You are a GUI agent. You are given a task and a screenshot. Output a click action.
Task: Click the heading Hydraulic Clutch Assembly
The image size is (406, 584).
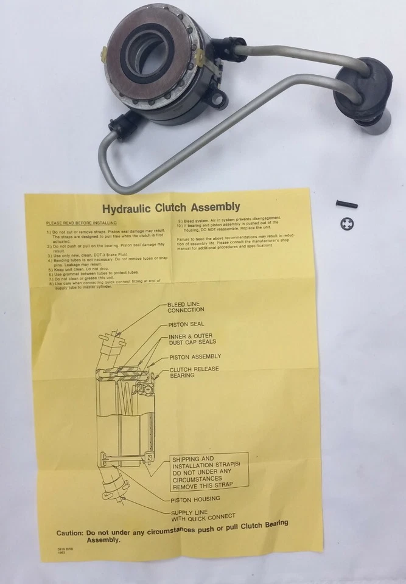click(171, 207)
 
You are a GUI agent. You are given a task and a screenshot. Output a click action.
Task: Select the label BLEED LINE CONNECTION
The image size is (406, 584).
click(186, 307)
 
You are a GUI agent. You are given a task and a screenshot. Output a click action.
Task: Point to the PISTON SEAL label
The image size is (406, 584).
click(186, 324)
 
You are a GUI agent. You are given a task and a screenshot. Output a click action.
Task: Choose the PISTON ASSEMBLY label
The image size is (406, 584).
click(195, 356)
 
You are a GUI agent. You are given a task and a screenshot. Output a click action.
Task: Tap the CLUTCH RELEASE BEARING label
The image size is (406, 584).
click(194, 372)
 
